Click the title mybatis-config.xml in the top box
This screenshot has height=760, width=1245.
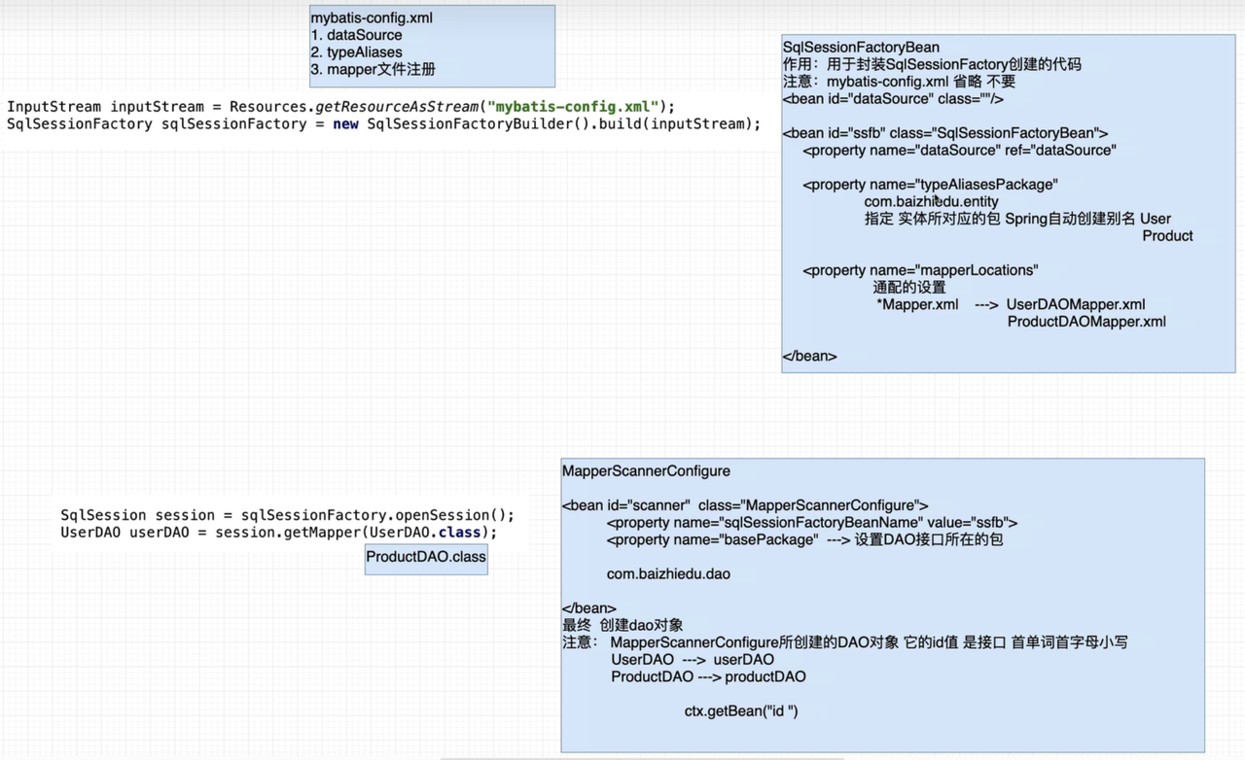pyautogui.click(x=372, y=17)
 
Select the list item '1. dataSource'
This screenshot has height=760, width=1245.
pyautogui.click(x=356, y=35)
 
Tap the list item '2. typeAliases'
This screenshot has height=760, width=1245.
pyautogui.click(x=356, y=52)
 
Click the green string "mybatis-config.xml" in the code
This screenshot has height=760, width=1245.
pyautogui.click(x=573, y=106)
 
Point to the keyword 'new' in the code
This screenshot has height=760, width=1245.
pyautogui.click(x=345, y=123)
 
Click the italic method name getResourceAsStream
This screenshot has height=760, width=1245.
pyautogui.click(x=397, y=106)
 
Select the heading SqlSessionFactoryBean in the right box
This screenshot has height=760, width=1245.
pyautogui.click(x=861, y=48)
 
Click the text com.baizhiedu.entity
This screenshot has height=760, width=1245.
pyautogui.click(x=931, y=201)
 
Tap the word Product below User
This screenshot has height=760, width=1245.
pyautogui.click(x=1167, y=235)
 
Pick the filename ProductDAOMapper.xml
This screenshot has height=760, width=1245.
pyautogui.click(x=1086, y=322)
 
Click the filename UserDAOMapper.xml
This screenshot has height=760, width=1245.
pyautogui.click(x=1076, y=304)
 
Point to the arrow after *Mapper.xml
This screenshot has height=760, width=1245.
pyautogui.click(x=986, y=305)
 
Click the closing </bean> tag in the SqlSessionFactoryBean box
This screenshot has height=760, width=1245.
pyautogui.click(x=809, y=356)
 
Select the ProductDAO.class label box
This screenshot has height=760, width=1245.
pyautogui.click(x=426, y=560)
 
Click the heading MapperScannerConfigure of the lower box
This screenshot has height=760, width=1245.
pyautogui.click(x=646, y=471)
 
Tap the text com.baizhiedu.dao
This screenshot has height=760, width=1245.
pyautogui.click(x=668, y=574)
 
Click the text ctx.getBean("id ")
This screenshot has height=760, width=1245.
pyautogui.click(x=741, y=711)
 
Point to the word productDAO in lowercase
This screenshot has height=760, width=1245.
pyautogui.click(x=765, y=676)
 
